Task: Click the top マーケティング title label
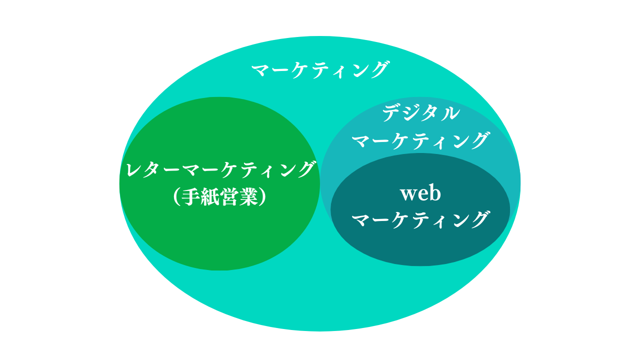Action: pos(320,69)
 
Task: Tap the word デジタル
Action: pos(421,113)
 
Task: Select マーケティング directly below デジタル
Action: pos(420,140)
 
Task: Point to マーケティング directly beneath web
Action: pos(420,219)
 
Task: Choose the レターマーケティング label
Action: pos(220,169)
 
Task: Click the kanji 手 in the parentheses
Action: pos(191,197)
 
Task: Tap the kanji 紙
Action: pos(210,197)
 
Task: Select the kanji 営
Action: pos(229,197)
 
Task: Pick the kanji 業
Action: pos(249,197)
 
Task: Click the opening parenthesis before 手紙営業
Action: pos(176,197)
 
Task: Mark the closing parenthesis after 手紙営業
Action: pos(263,197)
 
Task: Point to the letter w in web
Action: pos(408,195)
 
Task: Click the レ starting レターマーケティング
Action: pos(133,169)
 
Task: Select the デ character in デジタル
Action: pos(392,113)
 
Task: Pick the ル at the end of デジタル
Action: pos(451,113)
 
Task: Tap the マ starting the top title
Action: pos(260,70)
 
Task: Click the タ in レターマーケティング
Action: pos(151,169)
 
